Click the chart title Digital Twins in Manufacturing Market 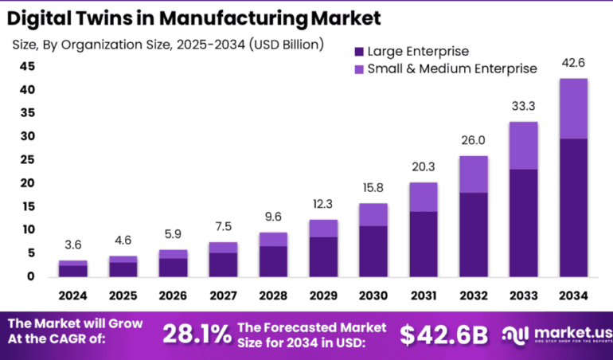coord(196,17)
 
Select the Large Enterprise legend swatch coord(358,51)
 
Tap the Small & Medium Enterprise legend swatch coord(358,68)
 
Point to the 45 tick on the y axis coord(27,66)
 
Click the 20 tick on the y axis coord(27,183)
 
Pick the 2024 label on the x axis coord(73,295)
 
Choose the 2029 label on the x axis coord(323,295)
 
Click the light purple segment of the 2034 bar coord(573,108)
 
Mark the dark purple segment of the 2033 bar coord(523,222)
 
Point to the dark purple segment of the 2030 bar coord(373,251)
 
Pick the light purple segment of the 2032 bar coord(473,174)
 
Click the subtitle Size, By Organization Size coord(168,45)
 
